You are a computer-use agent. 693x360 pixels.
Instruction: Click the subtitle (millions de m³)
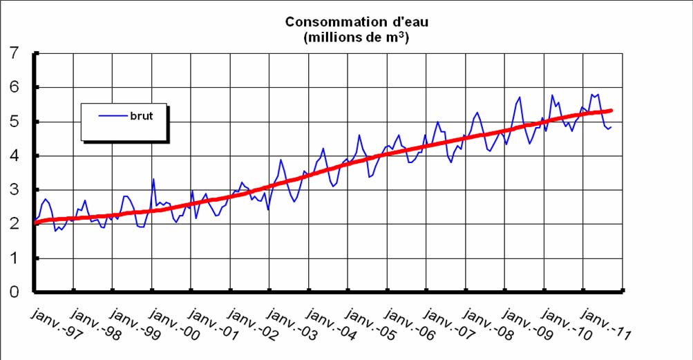click(356, 38)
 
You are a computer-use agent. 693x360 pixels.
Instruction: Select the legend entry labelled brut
click(141, 116)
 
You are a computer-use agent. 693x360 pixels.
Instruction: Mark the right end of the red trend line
click(611, 111)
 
